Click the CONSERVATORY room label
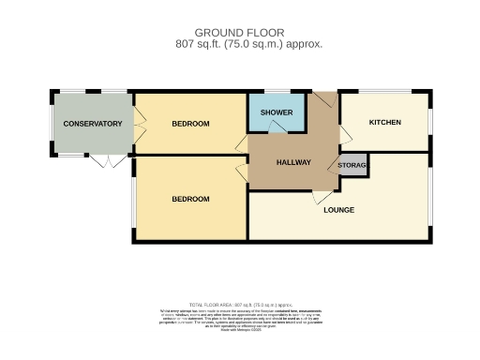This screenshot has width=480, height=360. (93, 124)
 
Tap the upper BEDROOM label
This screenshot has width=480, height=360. (190, 124)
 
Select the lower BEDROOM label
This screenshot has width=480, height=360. (190, 199)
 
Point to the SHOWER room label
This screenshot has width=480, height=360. (277, 112)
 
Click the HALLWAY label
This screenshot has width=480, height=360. (293, 162)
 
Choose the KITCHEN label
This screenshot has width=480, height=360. (384, 123)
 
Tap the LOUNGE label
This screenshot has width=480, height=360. (338, 209)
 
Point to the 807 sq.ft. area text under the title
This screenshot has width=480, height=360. (248, 44)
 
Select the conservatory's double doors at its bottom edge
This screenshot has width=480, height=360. (108, 161)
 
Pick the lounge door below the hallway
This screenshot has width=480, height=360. (319, 198)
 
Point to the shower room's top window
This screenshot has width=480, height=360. (277, 92)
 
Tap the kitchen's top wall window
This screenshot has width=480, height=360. (384, 92)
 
